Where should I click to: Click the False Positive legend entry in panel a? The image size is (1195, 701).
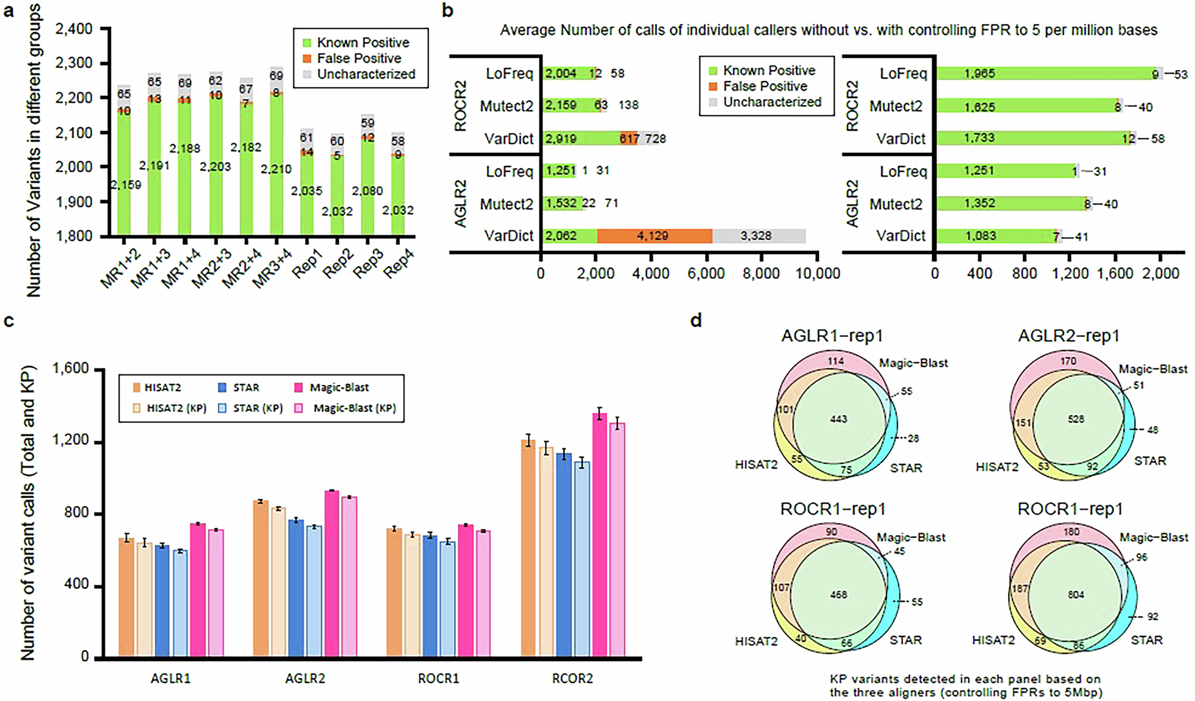coord(358,58)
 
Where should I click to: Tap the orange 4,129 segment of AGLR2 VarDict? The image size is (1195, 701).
coord(654,236)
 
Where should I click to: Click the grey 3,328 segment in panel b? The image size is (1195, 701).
coord(758,236)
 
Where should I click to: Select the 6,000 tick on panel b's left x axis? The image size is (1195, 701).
coord(706,273)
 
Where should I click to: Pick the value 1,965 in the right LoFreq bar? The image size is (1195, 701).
coord(979,73)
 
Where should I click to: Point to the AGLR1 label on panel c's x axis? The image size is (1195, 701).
coord(170,679)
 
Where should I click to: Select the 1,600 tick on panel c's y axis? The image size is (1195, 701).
coord(71,369)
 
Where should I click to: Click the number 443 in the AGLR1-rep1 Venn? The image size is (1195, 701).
coord(838,419)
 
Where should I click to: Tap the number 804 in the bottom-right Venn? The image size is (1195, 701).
coord(1075,595)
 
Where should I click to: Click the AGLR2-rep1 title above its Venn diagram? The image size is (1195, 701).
coord(1068,336)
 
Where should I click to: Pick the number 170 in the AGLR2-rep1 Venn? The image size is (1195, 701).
coord(1068,361)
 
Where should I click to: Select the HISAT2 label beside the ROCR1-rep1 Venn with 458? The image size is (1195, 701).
coord(756,641)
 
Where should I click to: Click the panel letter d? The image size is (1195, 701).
coord(696,321)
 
